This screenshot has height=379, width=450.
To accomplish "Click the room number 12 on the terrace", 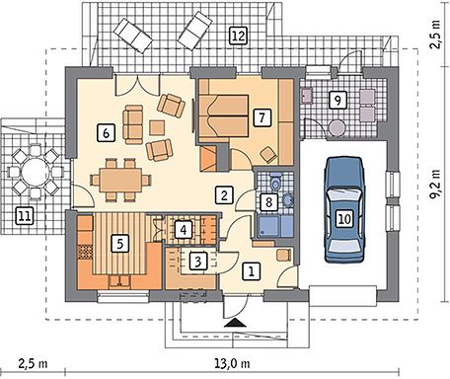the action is [x=238, y=36].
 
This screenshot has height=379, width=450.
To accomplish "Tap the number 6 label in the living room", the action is [x=106, y=133].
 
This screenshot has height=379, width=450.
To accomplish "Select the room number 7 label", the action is [x=262, y=117].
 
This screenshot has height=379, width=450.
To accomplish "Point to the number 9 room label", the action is [x=337, y=100].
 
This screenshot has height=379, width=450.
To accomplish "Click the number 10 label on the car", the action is [x=344, y=218].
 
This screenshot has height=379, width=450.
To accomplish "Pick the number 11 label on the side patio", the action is [x=25, y=216].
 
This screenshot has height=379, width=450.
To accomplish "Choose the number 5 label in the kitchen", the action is [x=119, y=244].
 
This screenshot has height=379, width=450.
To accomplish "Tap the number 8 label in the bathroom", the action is [x=268, y=202].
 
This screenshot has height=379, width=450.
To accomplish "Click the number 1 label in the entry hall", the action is [x=252, y=271].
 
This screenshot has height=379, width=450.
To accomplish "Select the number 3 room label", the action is [x=198, y=262].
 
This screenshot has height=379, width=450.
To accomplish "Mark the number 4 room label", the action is [x=184, y=229].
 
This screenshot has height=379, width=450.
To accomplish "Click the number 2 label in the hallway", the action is [x=224, y=195].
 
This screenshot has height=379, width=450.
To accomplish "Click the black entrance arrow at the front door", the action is [x=235, y=323].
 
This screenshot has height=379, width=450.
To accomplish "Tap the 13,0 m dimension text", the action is [x=232, y=363].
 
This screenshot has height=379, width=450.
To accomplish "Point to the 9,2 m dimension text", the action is [x=436, y=185].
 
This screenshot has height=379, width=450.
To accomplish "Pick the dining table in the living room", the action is [x=121, y=180].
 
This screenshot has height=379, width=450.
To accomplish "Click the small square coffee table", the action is [x=157, y=128].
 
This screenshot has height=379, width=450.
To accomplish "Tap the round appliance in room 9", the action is [x=337, y=128].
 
